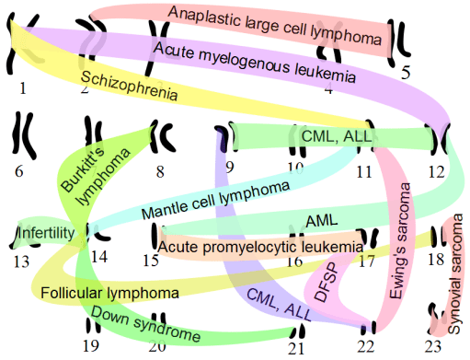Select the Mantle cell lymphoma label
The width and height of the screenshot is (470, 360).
click(215, 202)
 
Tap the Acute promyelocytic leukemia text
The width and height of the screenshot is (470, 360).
click(260, 247)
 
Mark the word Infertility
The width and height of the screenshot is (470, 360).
click(46, 234)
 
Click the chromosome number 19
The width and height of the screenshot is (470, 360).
click(90, 346)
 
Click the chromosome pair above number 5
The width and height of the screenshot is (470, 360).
click(396, 41)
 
